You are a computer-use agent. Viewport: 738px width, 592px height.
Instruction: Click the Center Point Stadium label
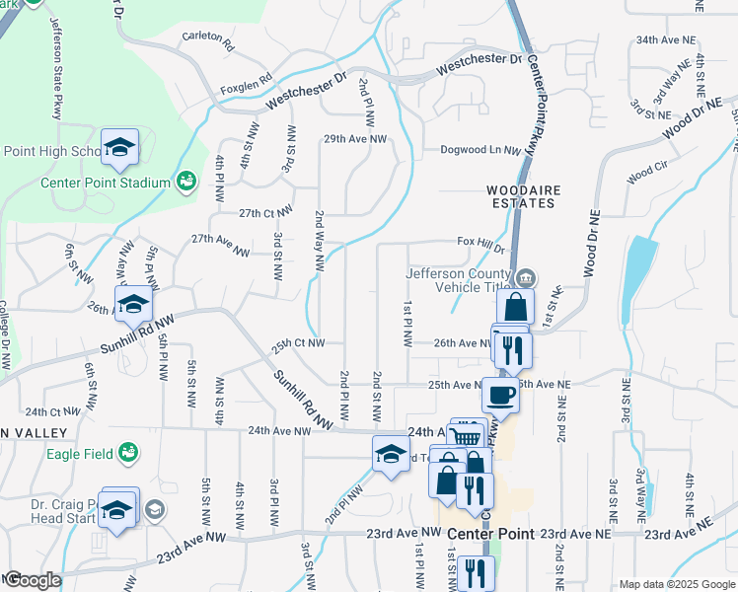click(106, 182)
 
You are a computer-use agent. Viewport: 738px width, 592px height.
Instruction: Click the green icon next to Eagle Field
click(126, 453)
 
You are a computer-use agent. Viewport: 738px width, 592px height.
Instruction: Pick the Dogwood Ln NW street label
click(480, 151)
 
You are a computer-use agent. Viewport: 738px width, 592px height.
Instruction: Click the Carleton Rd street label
click(208, 42)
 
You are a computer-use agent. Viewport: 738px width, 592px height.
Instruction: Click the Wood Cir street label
click(647, 175)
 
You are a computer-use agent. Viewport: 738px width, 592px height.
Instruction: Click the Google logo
click(32, 581)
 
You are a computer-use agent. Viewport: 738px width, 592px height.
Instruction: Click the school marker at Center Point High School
click(120, 148)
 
